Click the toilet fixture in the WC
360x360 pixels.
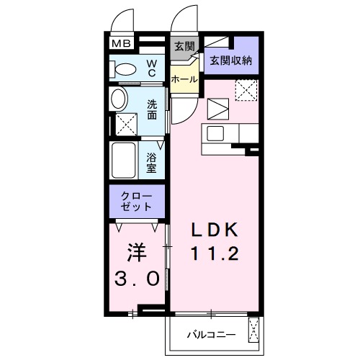coord(125,70)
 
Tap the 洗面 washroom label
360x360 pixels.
coord(153,109)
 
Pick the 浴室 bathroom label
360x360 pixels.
coord(153,161)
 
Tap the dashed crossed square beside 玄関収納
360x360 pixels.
coord(247,91)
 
